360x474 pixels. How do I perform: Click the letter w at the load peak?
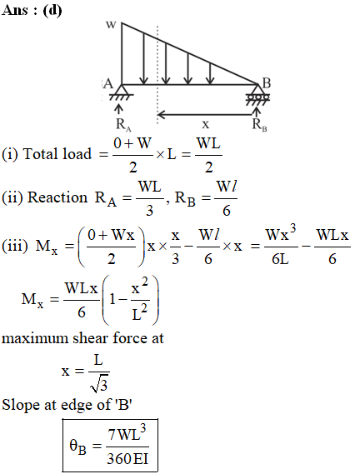point(111,25)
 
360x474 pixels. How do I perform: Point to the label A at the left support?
point(107,84)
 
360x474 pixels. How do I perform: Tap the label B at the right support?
point(266,83)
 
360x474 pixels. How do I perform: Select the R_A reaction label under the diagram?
point(123,125)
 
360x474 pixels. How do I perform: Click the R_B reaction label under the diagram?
point(259,125)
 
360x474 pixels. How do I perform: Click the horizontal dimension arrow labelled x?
point(205,115)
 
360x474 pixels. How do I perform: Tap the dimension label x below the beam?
point(205,124)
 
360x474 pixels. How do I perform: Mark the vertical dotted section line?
point(157,75)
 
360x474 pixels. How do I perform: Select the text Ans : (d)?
point(32,10)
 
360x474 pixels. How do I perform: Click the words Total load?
point(57,154)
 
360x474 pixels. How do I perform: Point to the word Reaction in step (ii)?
point(57,197)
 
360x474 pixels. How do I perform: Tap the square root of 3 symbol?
point(99,385)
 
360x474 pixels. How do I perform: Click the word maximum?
point(35,338)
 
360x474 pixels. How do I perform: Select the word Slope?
point(21,405)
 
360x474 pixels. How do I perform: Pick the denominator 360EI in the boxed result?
point(127,458)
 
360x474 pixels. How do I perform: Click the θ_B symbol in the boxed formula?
point(77,447)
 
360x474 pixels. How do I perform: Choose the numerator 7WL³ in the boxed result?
point(127,432)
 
